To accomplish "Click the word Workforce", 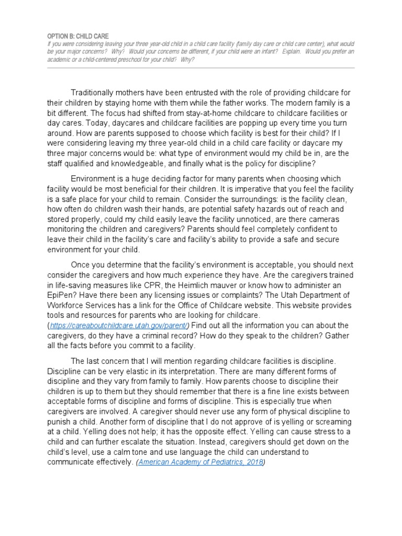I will pyautogui.click(x=67, y=305).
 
